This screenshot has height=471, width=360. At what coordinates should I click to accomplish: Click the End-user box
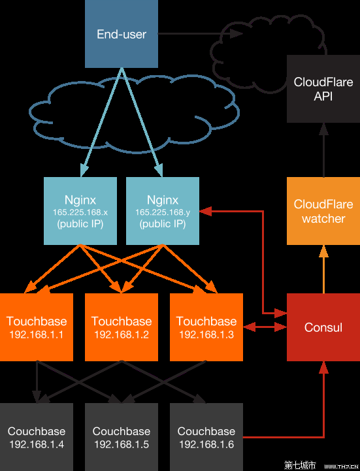pos(122,34)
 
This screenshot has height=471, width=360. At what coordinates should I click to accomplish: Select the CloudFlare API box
pos(323,89)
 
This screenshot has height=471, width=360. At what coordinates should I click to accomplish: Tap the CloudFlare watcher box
pos(323,211)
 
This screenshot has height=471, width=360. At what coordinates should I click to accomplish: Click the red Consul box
pos(323,327)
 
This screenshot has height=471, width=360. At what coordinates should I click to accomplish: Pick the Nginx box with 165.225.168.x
pos(80,211)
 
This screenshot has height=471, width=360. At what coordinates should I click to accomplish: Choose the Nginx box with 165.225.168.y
pos(163,211)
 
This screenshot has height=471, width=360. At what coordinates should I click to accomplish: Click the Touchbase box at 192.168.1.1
pos(37,327)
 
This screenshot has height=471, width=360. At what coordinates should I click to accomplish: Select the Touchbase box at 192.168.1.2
pos(122,327)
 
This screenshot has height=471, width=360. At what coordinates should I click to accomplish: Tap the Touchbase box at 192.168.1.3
pos(206,327)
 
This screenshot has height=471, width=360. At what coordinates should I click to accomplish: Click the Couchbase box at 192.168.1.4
pos(37,437)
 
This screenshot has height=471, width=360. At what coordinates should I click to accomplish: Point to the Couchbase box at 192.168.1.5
pos(122,437)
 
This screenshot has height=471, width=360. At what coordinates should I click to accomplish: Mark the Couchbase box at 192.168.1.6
pos(206,437)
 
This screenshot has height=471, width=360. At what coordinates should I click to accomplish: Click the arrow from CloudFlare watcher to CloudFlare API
pos(323,150)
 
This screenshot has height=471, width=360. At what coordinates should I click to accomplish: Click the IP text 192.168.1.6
pos(206,444)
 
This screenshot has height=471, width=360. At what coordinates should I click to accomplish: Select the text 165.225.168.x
pos(80,212)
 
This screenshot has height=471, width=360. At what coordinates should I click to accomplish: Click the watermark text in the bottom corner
pos(320,465)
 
